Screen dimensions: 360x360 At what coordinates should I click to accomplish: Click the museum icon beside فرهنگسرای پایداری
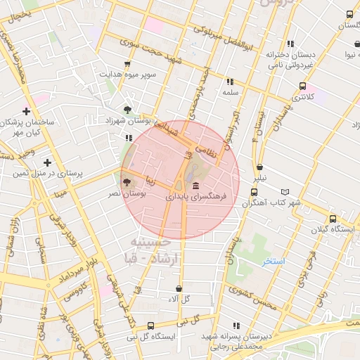click(195, 186)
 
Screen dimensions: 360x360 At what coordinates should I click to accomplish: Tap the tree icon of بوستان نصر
click(127, 181)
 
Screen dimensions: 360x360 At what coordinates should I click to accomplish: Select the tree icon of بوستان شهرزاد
click(127, 110)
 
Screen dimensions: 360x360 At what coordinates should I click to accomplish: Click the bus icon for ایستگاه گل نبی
click(151, 326)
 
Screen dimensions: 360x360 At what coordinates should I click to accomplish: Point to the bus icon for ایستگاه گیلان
click(333, 218)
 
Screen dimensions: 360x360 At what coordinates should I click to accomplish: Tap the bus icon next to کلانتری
click(303, 86)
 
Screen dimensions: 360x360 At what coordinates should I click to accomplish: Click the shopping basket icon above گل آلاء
click(179, 288)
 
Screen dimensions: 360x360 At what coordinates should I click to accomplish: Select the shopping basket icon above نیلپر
click(260, 167)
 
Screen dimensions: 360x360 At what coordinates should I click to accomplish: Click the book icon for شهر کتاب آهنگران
click(285, 191)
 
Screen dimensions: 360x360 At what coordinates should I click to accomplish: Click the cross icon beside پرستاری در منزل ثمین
click(47, 162)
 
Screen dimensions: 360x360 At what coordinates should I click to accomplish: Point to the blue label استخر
click(274, 261)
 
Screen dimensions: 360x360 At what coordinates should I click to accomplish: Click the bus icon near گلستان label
click(350, 14)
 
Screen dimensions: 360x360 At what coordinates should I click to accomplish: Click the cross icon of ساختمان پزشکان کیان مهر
click(26, 111)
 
